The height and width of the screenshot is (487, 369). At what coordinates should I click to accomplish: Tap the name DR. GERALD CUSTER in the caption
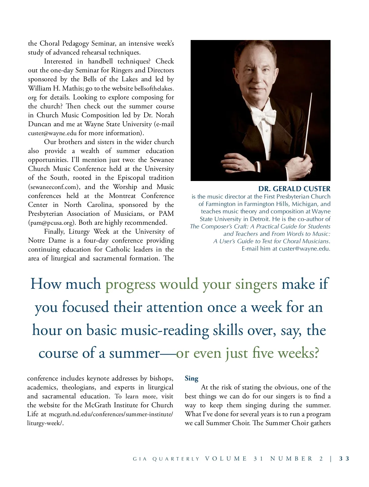294,189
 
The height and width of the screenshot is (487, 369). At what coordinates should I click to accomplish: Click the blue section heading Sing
192,378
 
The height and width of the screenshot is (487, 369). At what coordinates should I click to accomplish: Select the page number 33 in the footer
344,459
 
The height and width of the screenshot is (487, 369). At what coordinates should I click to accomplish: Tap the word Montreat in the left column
122,196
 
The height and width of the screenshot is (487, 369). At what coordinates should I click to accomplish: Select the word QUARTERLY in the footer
176,459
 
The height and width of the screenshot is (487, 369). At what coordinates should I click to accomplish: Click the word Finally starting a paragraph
54,231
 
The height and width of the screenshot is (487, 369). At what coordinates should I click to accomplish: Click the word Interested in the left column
58,61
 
